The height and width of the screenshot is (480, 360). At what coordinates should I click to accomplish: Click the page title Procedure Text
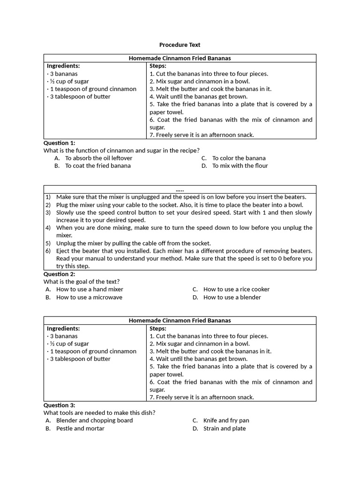180,45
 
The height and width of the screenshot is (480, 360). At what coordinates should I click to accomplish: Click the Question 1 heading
59,143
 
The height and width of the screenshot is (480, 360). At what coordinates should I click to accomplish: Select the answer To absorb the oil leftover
98,158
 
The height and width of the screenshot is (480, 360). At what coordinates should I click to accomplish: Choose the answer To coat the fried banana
97,166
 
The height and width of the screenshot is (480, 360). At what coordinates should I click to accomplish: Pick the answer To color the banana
239,158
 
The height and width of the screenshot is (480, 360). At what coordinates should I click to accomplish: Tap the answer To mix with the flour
240,166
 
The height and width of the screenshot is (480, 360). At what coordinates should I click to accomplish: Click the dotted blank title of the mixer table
180,189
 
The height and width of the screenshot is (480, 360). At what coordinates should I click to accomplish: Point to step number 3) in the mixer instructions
48,212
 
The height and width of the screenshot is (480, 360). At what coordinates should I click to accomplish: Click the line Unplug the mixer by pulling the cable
133,243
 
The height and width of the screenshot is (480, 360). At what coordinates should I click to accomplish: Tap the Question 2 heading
59,274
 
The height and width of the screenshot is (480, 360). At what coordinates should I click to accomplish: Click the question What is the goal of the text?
82,282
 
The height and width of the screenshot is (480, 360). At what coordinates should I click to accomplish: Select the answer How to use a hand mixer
90,290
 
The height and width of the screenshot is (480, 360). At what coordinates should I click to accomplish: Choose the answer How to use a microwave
89,297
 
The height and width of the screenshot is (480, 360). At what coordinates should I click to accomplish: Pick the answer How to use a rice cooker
236,290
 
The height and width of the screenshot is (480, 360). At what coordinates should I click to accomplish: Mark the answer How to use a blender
232,297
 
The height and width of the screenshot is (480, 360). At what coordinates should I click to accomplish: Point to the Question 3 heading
59,405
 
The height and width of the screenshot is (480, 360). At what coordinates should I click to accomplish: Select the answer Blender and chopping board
94,420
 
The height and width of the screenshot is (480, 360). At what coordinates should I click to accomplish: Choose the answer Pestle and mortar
80,428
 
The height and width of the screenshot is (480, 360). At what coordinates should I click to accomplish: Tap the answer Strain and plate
224,428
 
